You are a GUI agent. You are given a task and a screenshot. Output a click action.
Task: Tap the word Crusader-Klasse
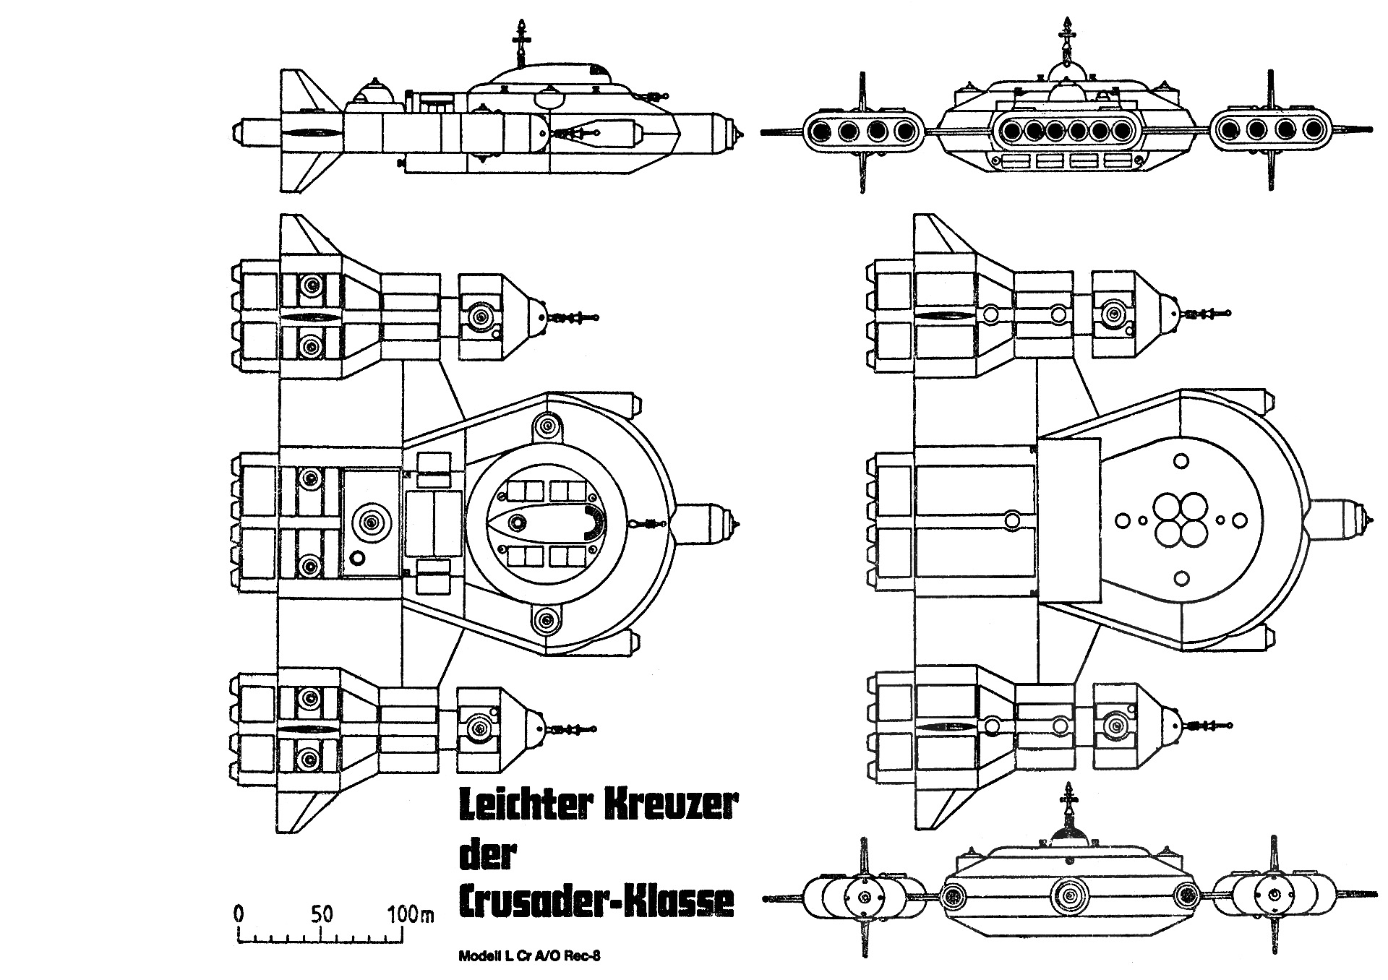click(x=596, y=901)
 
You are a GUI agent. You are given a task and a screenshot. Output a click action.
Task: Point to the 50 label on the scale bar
click(x=322, y=914)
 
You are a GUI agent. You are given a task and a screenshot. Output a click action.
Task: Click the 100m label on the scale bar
click(x=409, y=914)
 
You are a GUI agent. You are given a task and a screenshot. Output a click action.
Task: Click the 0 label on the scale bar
click(x=239, y=914)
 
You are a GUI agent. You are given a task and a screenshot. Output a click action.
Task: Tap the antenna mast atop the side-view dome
click(x=519, y=40)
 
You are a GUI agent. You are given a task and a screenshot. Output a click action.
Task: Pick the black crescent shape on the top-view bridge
click(x=597, y=522)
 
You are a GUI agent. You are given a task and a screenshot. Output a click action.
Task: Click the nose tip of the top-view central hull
click(x=737, y=523)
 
